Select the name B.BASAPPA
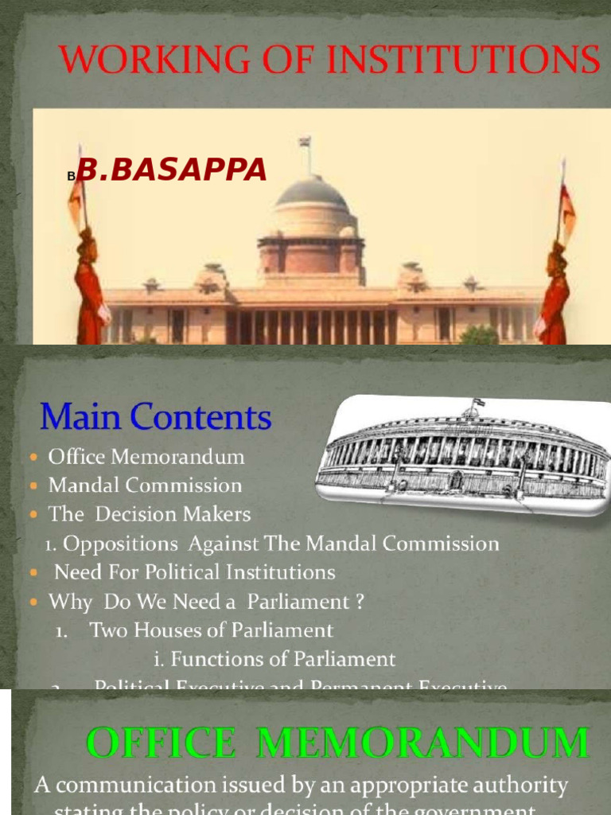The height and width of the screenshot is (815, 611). (174, 169)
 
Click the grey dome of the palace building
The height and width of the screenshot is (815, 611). (312, 192)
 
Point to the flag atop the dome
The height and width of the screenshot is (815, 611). (304, 142)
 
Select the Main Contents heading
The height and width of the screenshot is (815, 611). (155, 418)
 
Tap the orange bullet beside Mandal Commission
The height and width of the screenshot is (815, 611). (33, 485)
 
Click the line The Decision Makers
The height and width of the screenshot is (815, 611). (150, 514)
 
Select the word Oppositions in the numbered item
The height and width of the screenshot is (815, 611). (120, 544)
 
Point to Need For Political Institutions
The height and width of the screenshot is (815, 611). (194, 572)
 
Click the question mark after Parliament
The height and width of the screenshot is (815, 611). (360, 602)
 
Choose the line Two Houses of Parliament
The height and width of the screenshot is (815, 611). (211, 630)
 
